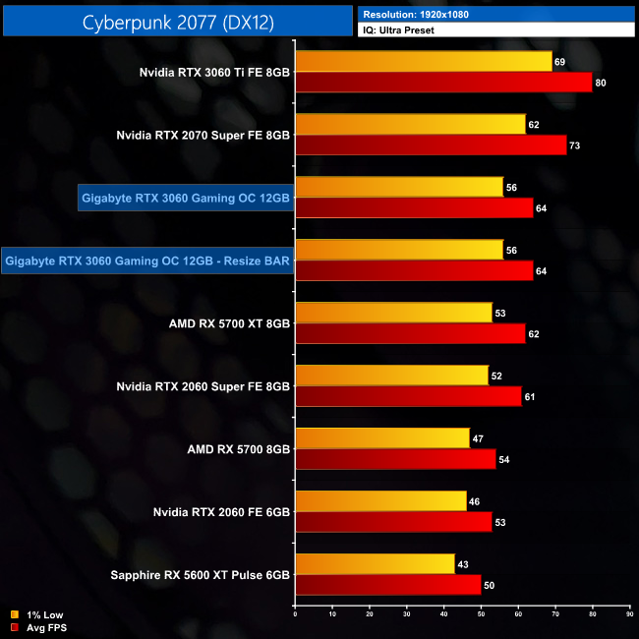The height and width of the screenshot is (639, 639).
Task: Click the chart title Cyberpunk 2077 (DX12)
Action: [177, 21]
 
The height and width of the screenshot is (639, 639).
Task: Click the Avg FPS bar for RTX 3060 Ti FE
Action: [442, 82]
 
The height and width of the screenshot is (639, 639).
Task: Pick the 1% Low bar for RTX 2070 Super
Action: [410, 124]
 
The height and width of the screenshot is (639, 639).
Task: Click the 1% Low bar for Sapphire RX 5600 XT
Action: [375, 563]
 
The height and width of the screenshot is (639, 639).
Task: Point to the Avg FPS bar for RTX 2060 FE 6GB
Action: [393, 521]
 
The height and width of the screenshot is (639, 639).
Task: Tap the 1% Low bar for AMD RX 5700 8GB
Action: [382, 438]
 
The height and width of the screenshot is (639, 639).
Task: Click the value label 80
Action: [600, 83]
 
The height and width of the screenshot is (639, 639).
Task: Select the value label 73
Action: [574, 145]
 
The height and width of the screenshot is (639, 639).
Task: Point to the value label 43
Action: [462, 563]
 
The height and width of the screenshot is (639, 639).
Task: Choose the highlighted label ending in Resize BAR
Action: [147, 261]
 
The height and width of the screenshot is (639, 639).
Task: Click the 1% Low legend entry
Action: [39, 615]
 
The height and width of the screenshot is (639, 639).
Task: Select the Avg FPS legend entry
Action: [39, 627]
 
